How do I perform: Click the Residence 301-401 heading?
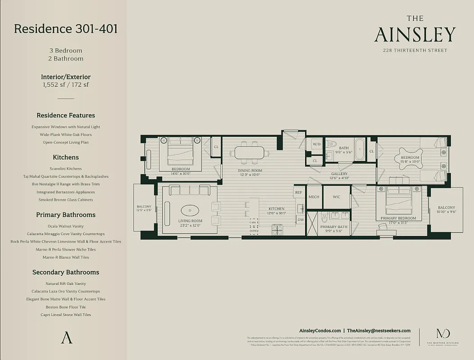tap(66, 29)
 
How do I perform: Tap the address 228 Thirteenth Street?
tap(415, 50)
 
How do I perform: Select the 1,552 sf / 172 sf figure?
tap(66, 85)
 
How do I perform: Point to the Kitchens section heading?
tap(66, 157)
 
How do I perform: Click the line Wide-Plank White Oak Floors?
tap(66, 135)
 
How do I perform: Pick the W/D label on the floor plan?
tap(316, 144)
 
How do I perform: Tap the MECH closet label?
tap(314, 197)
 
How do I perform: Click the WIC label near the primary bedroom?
tap(336, 197)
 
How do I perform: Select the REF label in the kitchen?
tap(298, 193)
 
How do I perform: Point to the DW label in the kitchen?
tap(300, 220)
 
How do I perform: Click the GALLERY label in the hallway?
tap(339, 174)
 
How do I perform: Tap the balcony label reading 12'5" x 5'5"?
tap(144, 208)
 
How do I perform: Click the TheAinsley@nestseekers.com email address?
tap(379, 330)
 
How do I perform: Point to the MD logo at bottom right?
tap(440, 334)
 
